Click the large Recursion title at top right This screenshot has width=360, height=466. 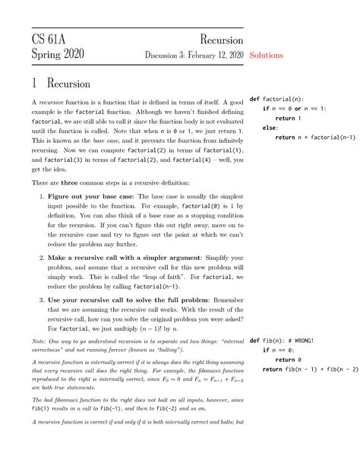coord(222,39)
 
